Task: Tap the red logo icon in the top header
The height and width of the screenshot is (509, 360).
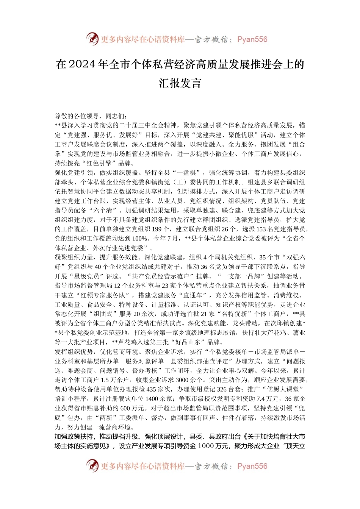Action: [x=92, y=39]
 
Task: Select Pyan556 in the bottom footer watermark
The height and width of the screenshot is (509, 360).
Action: [x=252, y=466]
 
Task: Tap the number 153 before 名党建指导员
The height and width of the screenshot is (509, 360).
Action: [x=262, y=229]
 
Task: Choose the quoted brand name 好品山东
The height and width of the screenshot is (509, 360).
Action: [x=191, y=342]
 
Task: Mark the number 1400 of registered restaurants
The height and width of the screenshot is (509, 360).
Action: [x=152, y=399]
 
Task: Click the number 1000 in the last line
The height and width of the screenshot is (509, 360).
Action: [x=206, y=446]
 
